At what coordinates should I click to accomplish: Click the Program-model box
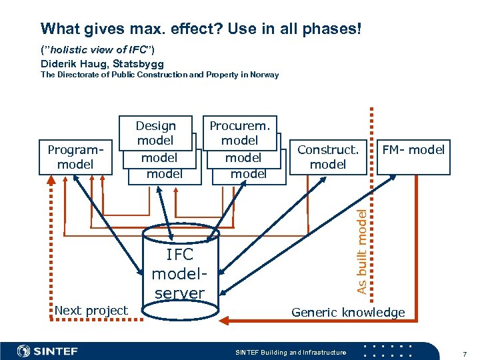pos(75,157)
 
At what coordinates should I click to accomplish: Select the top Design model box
pos(155,133)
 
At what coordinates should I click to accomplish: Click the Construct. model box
pos(328,157)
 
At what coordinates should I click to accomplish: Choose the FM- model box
pos(412,150)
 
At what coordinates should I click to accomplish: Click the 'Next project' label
pos(91,310)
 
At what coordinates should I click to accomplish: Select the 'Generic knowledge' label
pos(348,312)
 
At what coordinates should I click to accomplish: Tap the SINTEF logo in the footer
pos(47,351)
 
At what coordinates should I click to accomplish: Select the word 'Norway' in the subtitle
pos(265,75)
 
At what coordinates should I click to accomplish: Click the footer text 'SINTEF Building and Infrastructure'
pos(291,352)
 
